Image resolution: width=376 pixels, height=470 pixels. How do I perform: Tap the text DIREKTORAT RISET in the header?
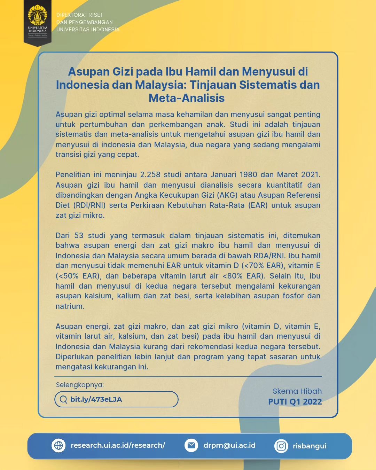coord(80,15)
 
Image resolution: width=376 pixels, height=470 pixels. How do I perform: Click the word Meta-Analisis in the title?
coord(187,98)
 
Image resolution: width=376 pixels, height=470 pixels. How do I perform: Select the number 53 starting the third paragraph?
coord(79,236)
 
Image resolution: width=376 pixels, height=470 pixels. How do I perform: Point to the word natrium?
coord(69,306)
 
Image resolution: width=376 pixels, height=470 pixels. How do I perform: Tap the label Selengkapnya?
coord(80,385)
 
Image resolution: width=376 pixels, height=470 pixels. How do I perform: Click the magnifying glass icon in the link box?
coord(63,399)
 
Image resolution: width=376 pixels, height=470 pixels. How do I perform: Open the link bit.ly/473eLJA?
coord(96,399)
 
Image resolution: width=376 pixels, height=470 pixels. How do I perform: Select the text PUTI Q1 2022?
coord(295,402)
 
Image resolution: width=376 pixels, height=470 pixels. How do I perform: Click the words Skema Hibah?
coord(297,391)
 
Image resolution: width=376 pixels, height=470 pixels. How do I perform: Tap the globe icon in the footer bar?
coord(58,445)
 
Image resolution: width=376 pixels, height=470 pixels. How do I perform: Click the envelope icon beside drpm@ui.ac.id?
coord(191,445)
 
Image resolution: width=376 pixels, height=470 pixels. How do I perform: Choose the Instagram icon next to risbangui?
coord(281,446)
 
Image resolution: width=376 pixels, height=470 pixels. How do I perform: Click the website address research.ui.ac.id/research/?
coord(118,445)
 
